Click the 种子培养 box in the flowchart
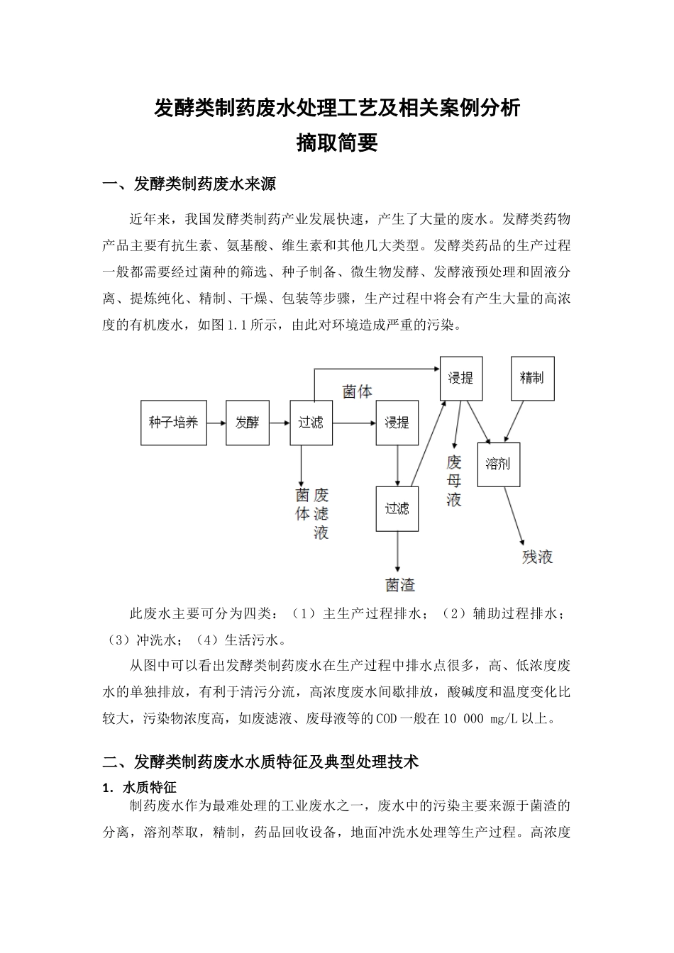coord(173,423)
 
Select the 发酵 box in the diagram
coord(247,423)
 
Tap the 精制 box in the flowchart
coord(532,378)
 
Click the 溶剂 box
coord(498,464)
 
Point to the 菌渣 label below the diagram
coord(400,584)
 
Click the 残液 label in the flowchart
coord(537,556)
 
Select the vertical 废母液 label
coord(454,481)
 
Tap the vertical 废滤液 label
coord(321,513)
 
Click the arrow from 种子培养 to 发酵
coord(216,423)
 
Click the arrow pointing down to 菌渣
coord(397,551)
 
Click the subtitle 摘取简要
coord(337,143)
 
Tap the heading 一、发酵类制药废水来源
coord(189,185)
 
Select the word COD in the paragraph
coord(387,718)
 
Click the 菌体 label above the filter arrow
coord(357,391)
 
